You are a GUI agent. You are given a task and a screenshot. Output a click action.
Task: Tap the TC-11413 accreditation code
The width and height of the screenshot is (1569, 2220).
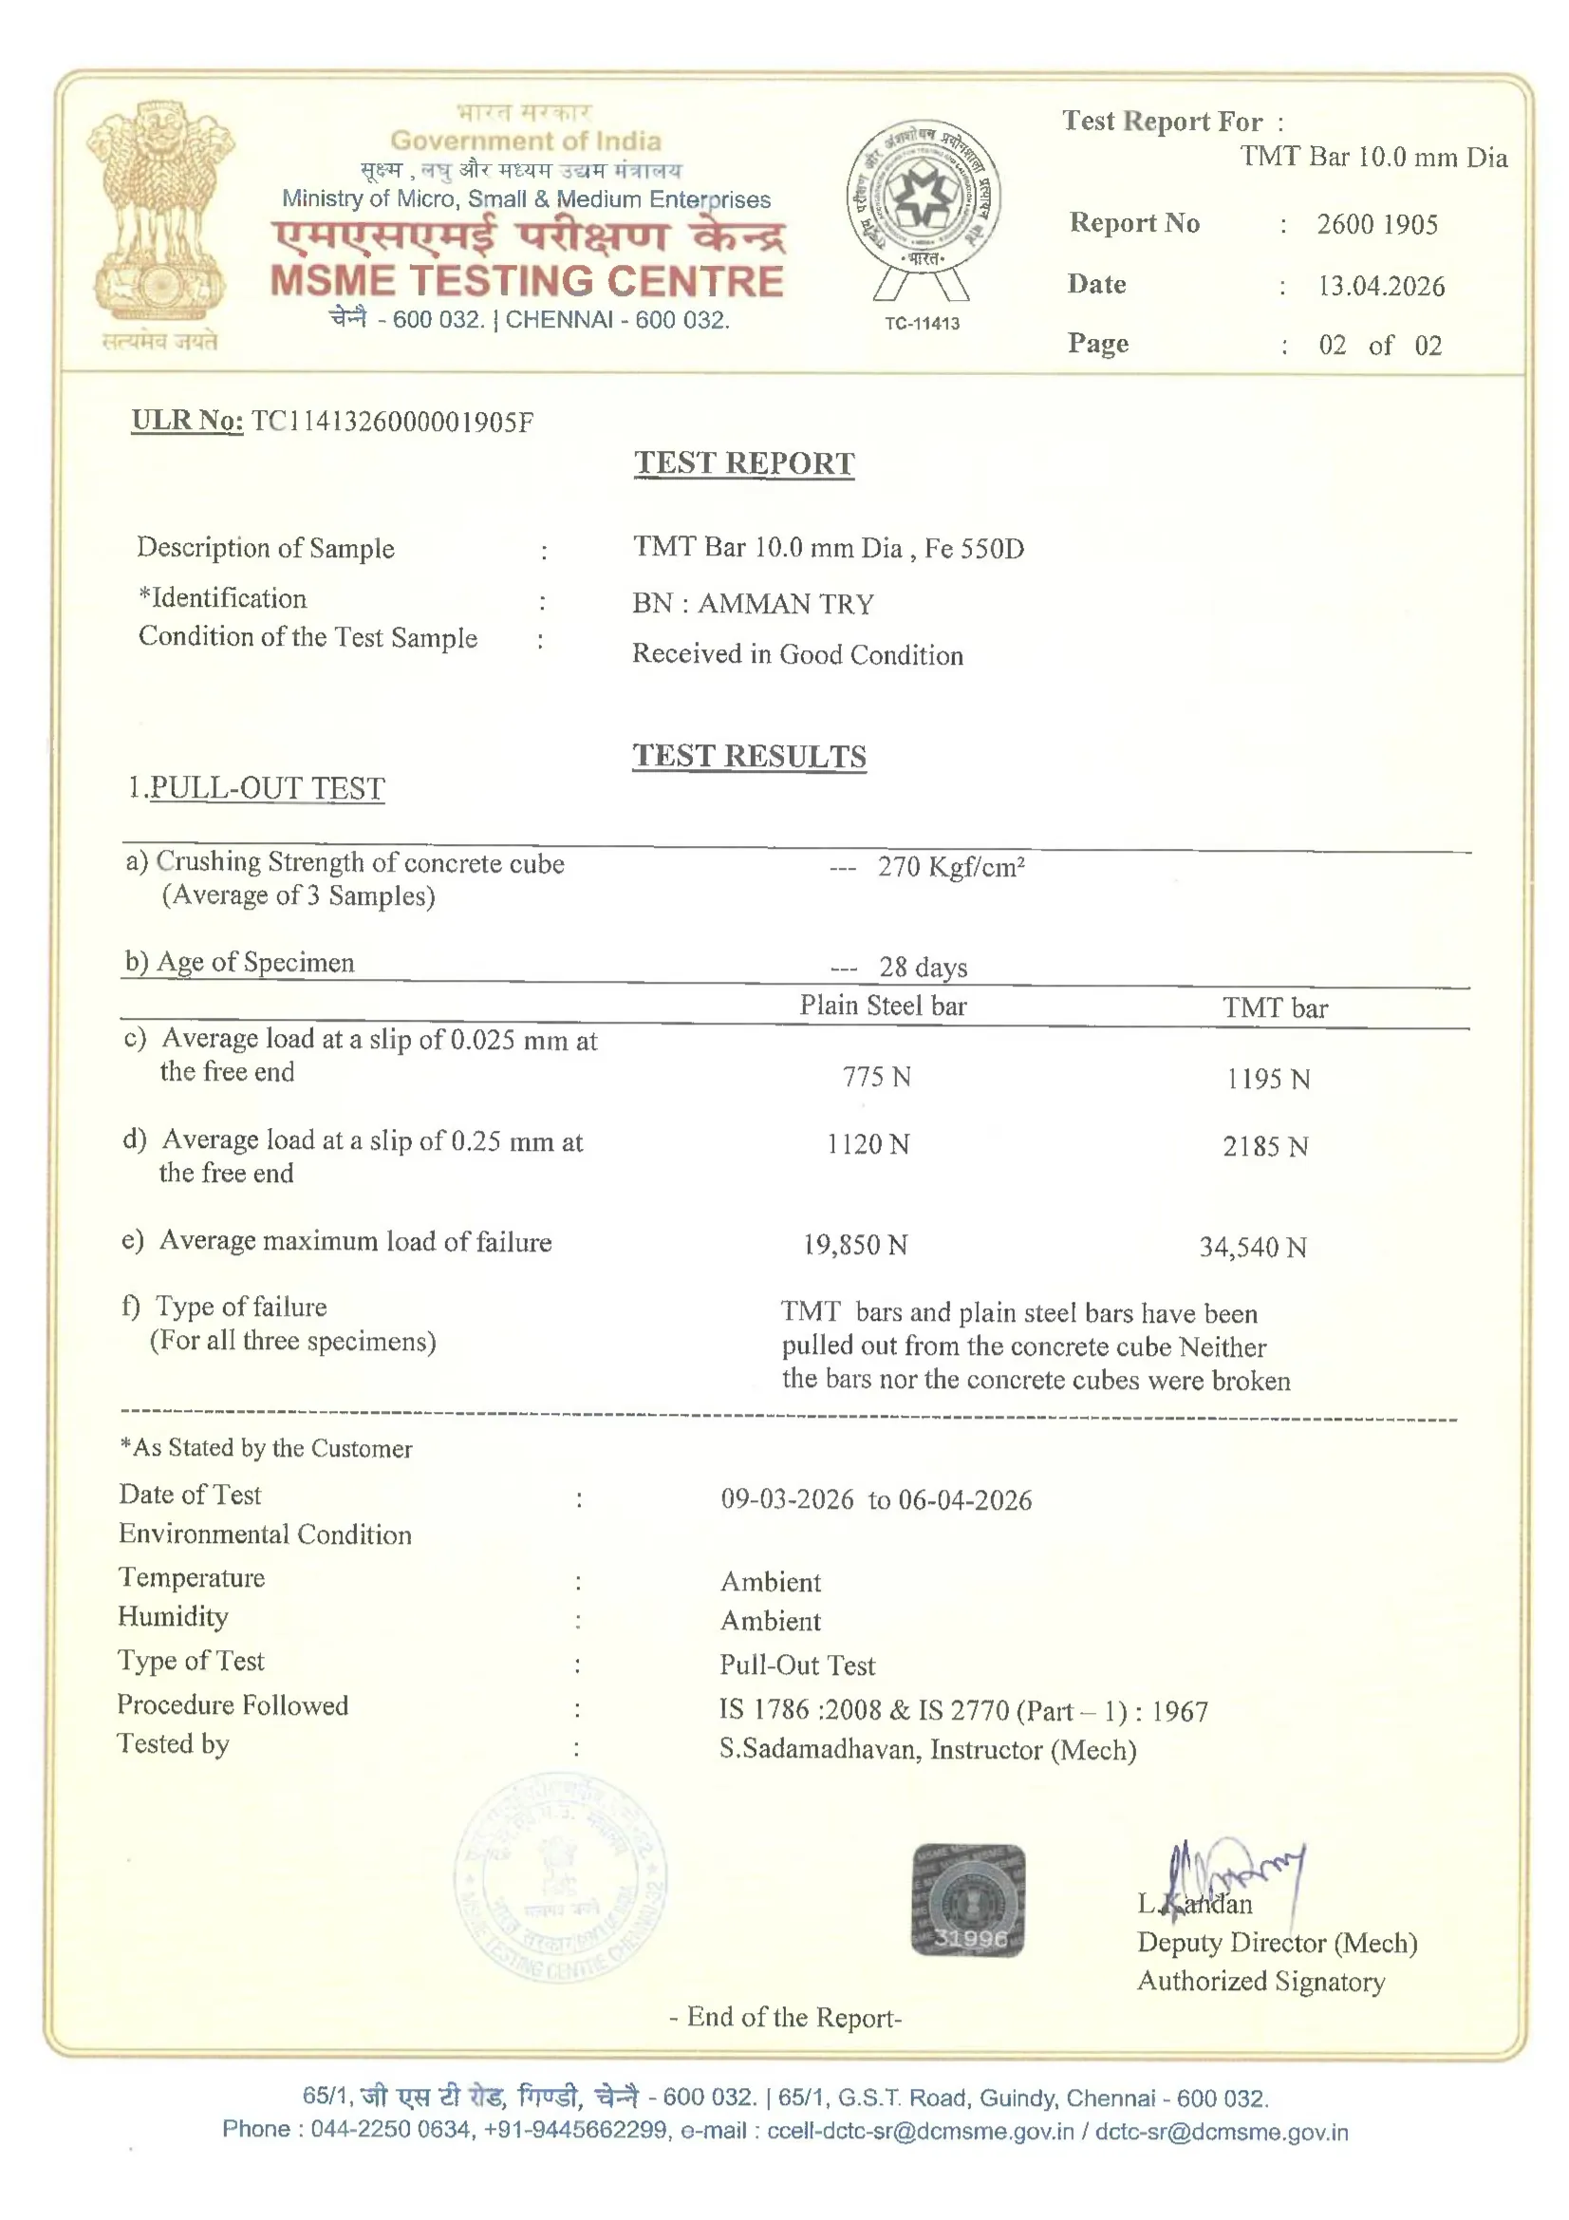pyautogui.click(x=922, y=323)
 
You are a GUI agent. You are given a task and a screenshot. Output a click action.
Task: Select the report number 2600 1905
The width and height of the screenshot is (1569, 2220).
pyautogui.click(x=1376, y=224)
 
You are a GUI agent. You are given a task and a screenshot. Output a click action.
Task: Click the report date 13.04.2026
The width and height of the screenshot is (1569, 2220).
pyautogui.click(x=1380, y=286)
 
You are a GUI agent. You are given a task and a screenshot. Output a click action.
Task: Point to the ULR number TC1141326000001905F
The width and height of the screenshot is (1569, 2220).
pyautogui.click(x=391, y=422)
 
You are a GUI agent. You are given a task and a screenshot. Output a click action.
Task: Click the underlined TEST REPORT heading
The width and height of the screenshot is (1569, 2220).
pyautogui.click(x=743, y=463)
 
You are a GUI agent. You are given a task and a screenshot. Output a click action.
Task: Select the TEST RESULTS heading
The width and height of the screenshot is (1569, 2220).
pyautogui.click(x=748, y=756)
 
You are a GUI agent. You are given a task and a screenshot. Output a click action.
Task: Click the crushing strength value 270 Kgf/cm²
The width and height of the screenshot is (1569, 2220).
pyautogui.click(x=950, y=866)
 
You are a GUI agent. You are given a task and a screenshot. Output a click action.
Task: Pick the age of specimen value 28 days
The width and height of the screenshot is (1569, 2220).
pyautogui.click(x=923, y=967)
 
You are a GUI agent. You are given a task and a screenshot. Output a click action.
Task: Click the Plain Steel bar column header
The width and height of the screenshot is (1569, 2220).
pyautogui.click(x=883, y=1006)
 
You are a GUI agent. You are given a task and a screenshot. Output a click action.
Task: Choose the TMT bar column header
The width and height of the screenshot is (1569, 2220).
pyautogui.click(x=1274, y=1008)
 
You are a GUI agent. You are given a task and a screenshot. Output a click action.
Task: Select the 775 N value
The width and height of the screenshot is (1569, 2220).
pyautogui.click(x=876, y=1077)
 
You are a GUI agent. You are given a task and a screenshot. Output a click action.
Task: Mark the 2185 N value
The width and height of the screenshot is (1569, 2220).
pyautogui.click(x=1264, y=1147)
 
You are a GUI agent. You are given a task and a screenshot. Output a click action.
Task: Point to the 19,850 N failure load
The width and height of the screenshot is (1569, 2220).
pyautogui.click(x=854, y=1246)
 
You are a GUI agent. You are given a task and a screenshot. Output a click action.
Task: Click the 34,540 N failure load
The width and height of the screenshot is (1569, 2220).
pyautogui.click(x=1252, y=1248)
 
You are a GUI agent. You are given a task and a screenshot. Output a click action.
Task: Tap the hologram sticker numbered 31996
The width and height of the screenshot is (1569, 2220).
pyautogui.click(x=968, y=1900)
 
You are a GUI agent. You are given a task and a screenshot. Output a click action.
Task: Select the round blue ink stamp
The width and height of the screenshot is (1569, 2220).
pyautogui.click(x=560, y=1879)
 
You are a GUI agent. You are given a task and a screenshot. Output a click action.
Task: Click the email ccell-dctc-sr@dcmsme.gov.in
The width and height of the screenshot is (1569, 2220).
pyautogui.click(x=920, y=2131)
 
